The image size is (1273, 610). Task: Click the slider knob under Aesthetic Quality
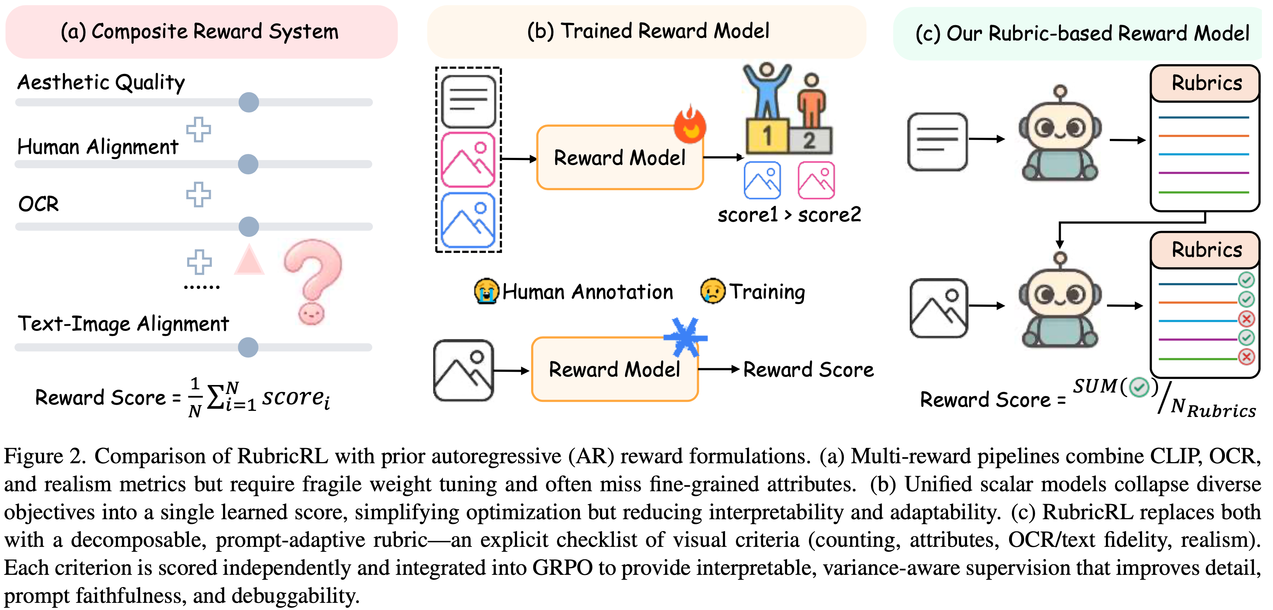(249, 102)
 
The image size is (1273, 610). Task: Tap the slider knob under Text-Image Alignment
(248, 347)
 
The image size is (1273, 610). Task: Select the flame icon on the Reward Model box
(690, 124)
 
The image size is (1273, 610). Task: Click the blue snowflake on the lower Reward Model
(685, 338)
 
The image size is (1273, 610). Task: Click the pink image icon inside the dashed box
(468, 160)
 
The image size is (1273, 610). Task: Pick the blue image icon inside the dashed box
(468, 220)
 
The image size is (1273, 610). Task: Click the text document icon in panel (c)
(937, 142)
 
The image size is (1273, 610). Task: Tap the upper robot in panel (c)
(1060, 136)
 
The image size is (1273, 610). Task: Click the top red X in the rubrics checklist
(1246, 319)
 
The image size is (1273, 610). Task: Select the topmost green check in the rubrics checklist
(1246, 280)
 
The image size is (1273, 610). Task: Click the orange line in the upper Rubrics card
(1203, 135)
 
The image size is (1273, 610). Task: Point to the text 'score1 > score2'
(789, 215)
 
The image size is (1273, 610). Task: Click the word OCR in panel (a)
(38, 204)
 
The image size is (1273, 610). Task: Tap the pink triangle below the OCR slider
(249, 261)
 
